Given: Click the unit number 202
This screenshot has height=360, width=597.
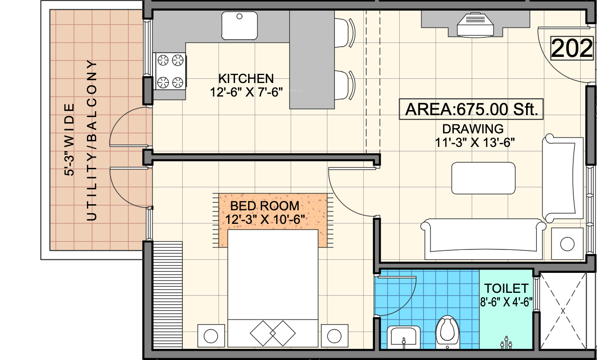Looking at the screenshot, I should click(x=572, y=49).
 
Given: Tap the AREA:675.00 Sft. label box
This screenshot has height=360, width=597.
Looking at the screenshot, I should click(x=472, y=110).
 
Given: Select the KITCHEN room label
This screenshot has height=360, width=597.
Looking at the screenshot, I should click(x=246, y=78).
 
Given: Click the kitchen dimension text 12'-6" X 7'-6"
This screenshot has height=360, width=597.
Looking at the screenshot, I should click(x=247, y=92).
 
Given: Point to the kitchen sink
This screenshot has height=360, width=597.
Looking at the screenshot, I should click(x=240, y=26).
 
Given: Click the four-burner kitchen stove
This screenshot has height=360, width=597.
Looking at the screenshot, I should click(x=170, y=71).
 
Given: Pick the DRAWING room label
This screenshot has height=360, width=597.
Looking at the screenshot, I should click(x=473, y=128).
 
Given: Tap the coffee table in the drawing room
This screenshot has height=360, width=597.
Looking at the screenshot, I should click(x=483, y=178).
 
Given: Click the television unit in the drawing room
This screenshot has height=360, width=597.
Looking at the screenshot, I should click(x=476, y=25).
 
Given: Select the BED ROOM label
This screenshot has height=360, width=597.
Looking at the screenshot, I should click(x=265, y=206).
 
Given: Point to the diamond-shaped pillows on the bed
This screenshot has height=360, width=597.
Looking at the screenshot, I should click(x=273, y=333).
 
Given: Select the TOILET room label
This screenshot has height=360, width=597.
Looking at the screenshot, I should click(x=506, y=288).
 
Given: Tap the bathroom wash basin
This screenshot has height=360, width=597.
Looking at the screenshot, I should click(x=404, y=337).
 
